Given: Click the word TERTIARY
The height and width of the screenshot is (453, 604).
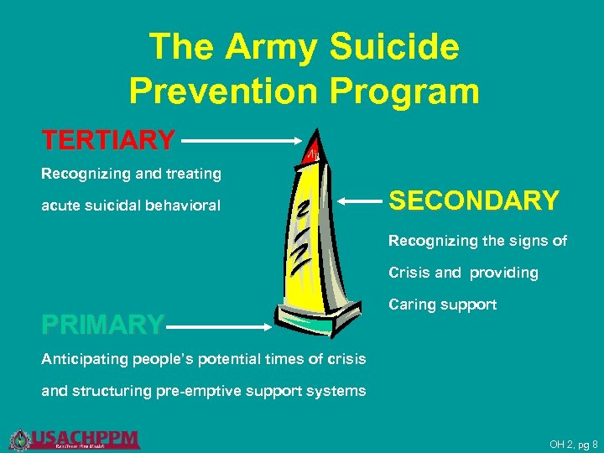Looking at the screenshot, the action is click(109, 140).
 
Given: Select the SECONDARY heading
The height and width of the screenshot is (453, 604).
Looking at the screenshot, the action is click(474, 201).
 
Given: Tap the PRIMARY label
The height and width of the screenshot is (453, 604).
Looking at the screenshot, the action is click(103, 324).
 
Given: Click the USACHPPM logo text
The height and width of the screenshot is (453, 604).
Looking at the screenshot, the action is click(84, 437).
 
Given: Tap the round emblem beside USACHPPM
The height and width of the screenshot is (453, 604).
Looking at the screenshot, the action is click(19, 439).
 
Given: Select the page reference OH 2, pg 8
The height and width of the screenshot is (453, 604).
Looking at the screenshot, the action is click(573, 444).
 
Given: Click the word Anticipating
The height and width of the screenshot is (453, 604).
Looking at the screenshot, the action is click(81, 359).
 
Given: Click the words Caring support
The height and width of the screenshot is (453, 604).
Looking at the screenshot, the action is click(442, 305).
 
